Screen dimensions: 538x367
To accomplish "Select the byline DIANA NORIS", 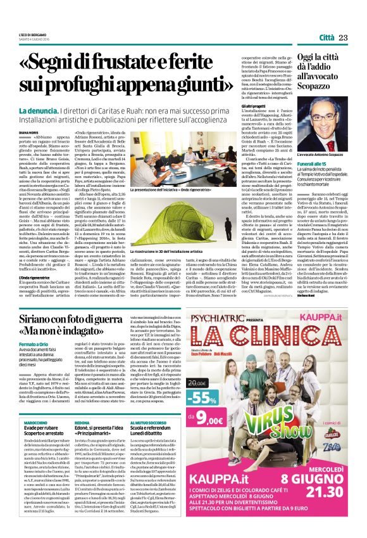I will click(30, 132).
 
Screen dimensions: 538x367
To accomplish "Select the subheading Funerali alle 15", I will click(292, 181).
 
